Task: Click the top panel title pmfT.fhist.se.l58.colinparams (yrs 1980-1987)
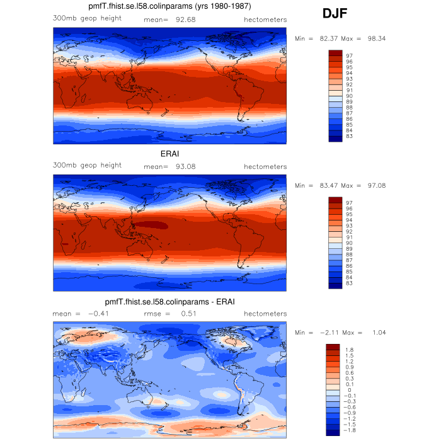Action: click(x=169, y=7)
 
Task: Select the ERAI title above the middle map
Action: click(x=169, y=153)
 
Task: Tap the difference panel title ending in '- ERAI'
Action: click(x=169, y=302)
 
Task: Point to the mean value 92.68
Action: click(x=185, y=19)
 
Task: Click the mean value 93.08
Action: click(x=185, y=166)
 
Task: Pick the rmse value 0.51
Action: click(x=190, y=314)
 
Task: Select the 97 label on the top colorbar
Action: click(x=348, y=55)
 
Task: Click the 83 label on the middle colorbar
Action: click(x=348, y=283)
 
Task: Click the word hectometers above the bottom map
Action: click(x=265, y=314)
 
